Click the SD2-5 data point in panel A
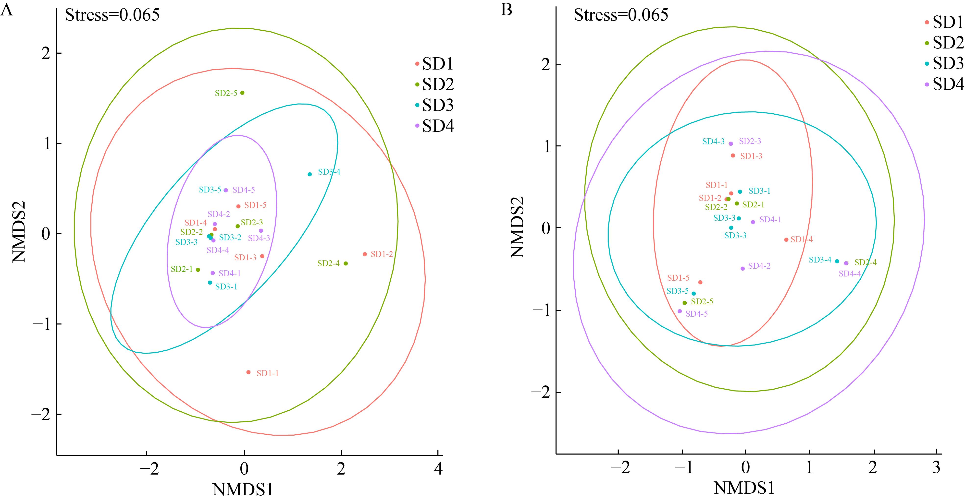pyautogui.click(x=242, y=93)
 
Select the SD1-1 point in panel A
pyautogui.click(x=248, y=372)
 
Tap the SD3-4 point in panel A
pyautogui.click(x=310, y=175)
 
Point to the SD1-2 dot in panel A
pyautogui.click(x=365, y=254)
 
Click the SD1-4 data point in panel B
pyautogui.click(x=786, y=240)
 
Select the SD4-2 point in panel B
pyautogui.click(x=743, y=268)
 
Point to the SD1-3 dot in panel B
pyautogui.click(x=733, y=155)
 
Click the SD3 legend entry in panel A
pyautogui.click(x=438, y=105)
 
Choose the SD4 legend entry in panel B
pyautogui.click(x=948, y=85)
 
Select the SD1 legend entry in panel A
pyautogui.click(x=438, y=64)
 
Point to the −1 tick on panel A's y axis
pyautogui.click(x=42, y=324)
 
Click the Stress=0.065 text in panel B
pyautogui.click(x=621, y=15)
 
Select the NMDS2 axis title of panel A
pyautogui.click(x=19, y=232)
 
